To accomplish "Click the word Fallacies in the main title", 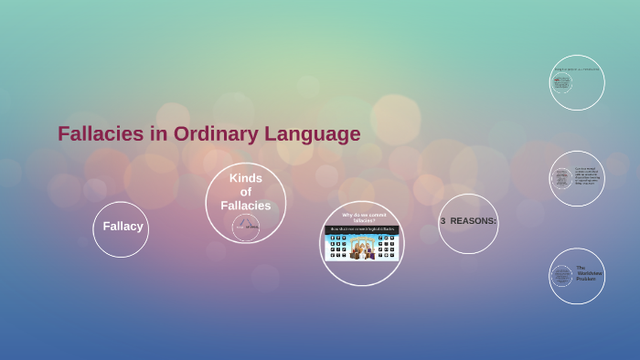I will pos(101,133).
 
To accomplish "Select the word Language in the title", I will pos(313,133).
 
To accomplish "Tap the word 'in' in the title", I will pos(158,133).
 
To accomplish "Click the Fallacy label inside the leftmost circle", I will pos(123,226).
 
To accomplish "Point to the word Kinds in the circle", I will pos(245,178).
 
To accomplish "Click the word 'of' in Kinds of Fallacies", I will pos(245,192).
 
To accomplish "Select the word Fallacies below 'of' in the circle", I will pos(245,206).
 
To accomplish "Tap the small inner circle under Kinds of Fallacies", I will pos(245,227).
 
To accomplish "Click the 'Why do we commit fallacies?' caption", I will pos(363,217).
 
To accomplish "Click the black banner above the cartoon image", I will pos(362,229).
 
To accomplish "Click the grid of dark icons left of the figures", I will pos(337,248).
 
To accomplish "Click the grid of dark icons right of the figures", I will pos(388,248).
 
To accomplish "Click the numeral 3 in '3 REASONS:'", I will pos(443,221).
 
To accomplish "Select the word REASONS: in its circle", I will pos(474,221).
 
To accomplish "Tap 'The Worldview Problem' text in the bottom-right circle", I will pos(588,273).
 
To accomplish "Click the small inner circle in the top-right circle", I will pos(561,83).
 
